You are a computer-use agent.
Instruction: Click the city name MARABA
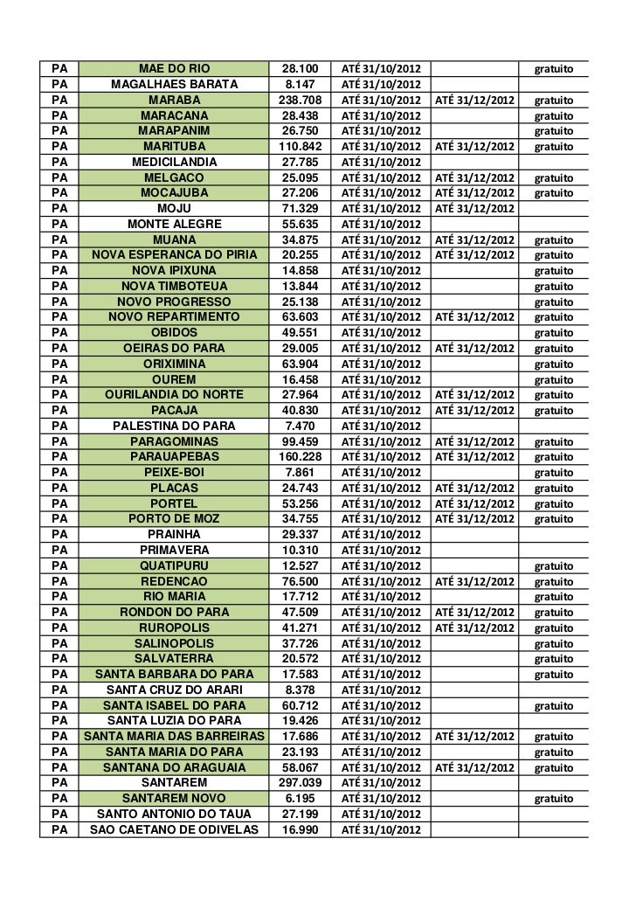coord(174,100)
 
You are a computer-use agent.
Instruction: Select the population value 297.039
coord(300,782)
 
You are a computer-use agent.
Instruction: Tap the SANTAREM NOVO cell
coord(174,798)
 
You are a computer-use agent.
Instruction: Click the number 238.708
coord(300,100)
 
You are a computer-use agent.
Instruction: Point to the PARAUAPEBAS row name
coord(174,456)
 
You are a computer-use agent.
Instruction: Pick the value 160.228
coord(300,456)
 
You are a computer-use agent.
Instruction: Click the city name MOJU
coord(174,208)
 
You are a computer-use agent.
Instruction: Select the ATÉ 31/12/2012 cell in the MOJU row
coord(475,208)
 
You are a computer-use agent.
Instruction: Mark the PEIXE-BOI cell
coord(174,472)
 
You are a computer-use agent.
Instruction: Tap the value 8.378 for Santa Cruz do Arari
coord(300,690)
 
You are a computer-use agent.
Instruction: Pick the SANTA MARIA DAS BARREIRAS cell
coord(174,736)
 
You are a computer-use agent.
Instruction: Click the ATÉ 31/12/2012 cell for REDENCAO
coord(475,580)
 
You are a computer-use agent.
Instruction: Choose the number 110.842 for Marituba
coord(300,146)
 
